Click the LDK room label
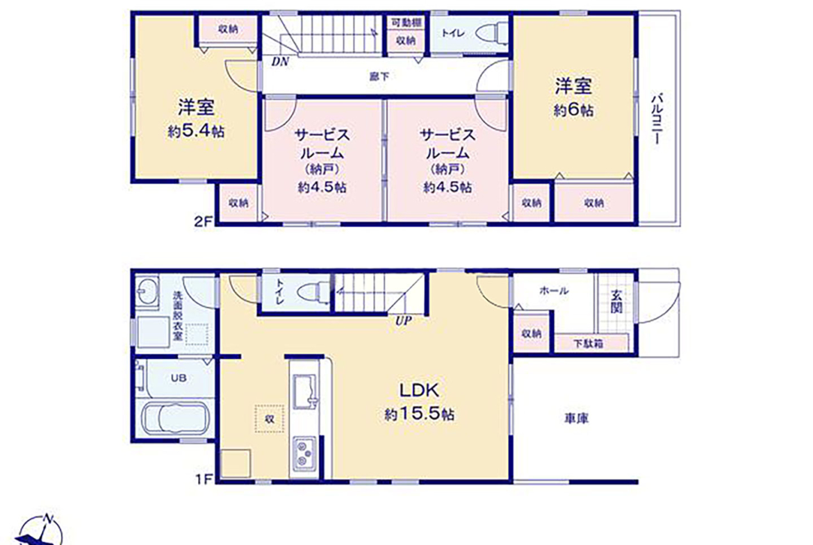point(419,389)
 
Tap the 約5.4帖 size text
point(196,132)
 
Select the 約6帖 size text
point(573,110)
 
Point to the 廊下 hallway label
point(379,76)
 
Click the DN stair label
point(280,62)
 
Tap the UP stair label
point(404,321)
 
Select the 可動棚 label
point(406,23)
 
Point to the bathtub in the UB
point(176,418)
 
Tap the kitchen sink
point(306,392)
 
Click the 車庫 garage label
point(576,418)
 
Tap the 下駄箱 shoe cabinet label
point(589,343)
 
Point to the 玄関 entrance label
point(616,301)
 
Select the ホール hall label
point(554,291)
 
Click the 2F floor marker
point(203,221)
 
